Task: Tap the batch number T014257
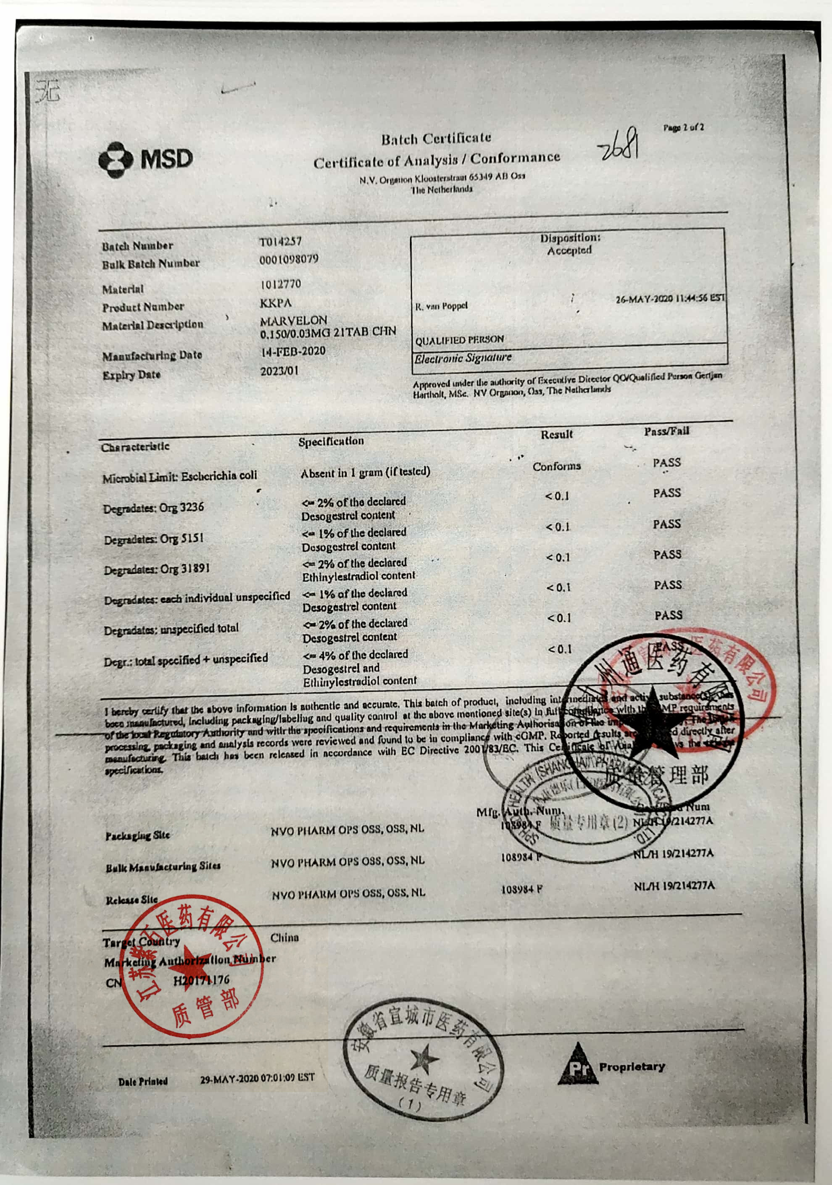click(x=280, y=242)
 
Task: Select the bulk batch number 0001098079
click(x=289, y=259)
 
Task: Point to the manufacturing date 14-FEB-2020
click(x=292, y=351)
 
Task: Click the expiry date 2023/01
click(x=279, y=371)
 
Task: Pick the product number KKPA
click(x=276, y=303)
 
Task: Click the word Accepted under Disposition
click(x=569, y=251)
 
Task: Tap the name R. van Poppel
click(x=441, y=306)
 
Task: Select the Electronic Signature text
click(x=463, y=358)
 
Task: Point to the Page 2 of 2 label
click(x=683, y=127)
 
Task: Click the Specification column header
click(x=331, y=441)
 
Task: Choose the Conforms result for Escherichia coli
click(x=556, y=466)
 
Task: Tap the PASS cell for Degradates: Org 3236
click(x=667, y=493)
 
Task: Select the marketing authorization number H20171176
click(x=201, y=980)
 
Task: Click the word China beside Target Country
click(x=284, y=937)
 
